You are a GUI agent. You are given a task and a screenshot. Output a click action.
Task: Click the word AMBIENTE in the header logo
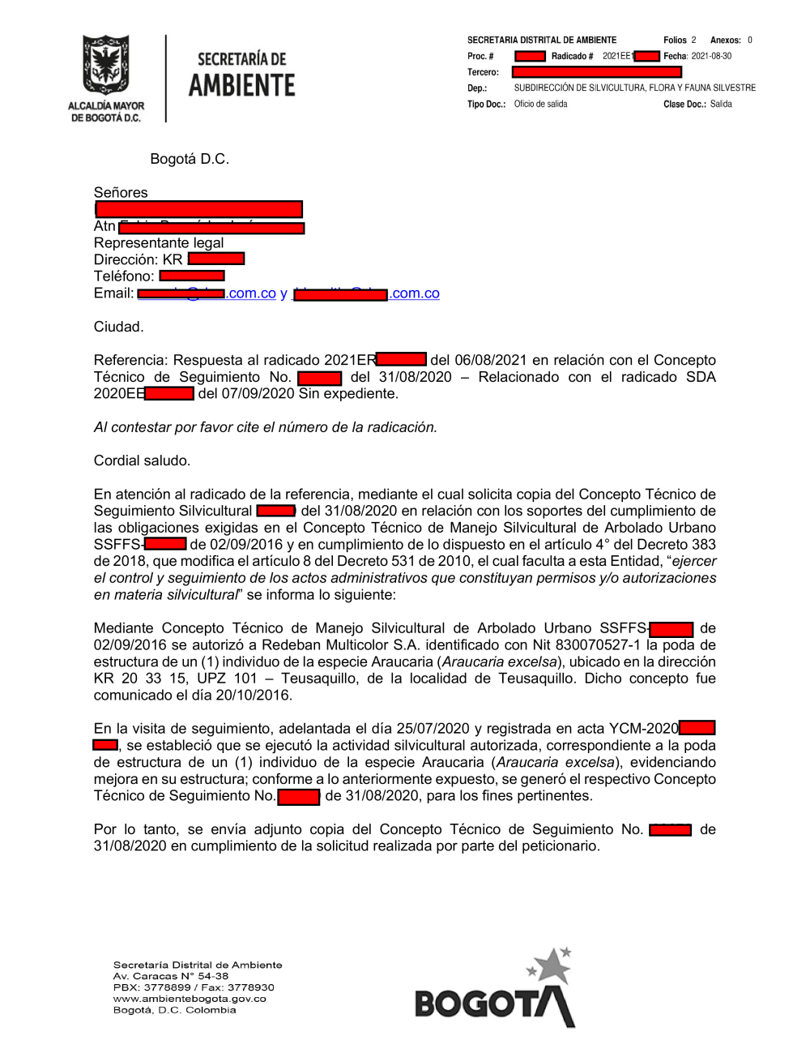(x=241, y=85)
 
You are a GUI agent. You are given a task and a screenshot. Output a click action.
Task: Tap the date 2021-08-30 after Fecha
(x=711, y=56)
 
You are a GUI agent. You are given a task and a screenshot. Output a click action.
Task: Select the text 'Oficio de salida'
(x=540, y=104)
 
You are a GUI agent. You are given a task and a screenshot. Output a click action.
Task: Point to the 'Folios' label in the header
(x=674, y=40)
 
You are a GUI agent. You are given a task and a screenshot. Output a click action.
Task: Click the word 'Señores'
(x=121, y=192)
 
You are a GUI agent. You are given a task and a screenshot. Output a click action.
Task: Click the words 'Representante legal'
(x=159, y=242)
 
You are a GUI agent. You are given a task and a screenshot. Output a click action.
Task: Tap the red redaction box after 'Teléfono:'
(x=192, y=276)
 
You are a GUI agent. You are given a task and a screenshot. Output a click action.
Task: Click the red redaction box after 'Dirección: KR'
(x=215, y=259)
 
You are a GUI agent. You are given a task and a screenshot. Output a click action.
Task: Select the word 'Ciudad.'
(x=118, y=327)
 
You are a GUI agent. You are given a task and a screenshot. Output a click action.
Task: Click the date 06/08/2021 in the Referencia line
(x=489, y=360)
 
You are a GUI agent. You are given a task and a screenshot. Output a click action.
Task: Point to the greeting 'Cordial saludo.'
(x=142, y=460)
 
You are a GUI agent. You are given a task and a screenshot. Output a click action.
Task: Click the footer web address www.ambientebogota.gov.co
(x=190, y=999)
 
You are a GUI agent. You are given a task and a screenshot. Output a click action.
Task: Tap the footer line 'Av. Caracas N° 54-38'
(x=171, y=976)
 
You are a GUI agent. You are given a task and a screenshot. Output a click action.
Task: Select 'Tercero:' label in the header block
(x=483, y=72)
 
